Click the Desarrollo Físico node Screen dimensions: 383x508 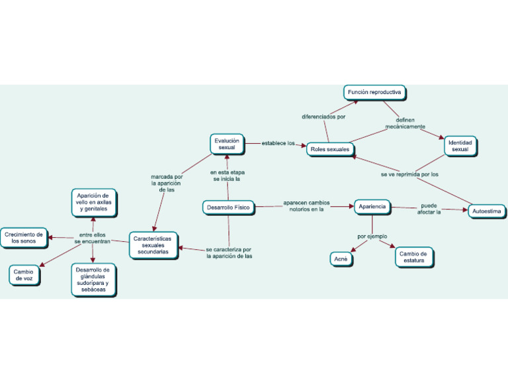click(x=228, y=207)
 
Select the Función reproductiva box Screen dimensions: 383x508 click(x=374, y=92)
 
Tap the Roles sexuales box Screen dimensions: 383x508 click(x=329, y=149)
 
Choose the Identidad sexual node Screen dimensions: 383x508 click(x=460, y=146)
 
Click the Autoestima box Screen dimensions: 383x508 click(x=487, y=211)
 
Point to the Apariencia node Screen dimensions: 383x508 click(x=372, y=207)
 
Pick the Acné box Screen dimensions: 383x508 click(x=341, y=259)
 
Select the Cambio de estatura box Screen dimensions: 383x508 click(x=414, y=257)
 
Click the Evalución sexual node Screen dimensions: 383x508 click(x=227, y=144)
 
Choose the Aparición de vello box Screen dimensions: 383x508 click(x=94, y=202)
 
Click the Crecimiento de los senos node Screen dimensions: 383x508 click(x=24, y=238)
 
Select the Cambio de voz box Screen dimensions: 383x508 click(x=24, y=274)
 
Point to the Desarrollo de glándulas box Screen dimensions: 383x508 click(x=93, y=280)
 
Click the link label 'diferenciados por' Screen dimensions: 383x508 click(x=323, y=117)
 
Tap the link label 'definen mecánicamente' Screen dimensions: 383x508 click(x=405, y=123)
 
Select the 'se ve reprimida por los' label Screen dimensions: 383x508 click(x=409, y=174)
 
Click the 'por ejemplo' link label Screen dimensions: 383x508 click(x=372, y=237)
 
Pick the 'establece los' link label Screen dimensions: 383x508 click(x=278, y=143)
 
